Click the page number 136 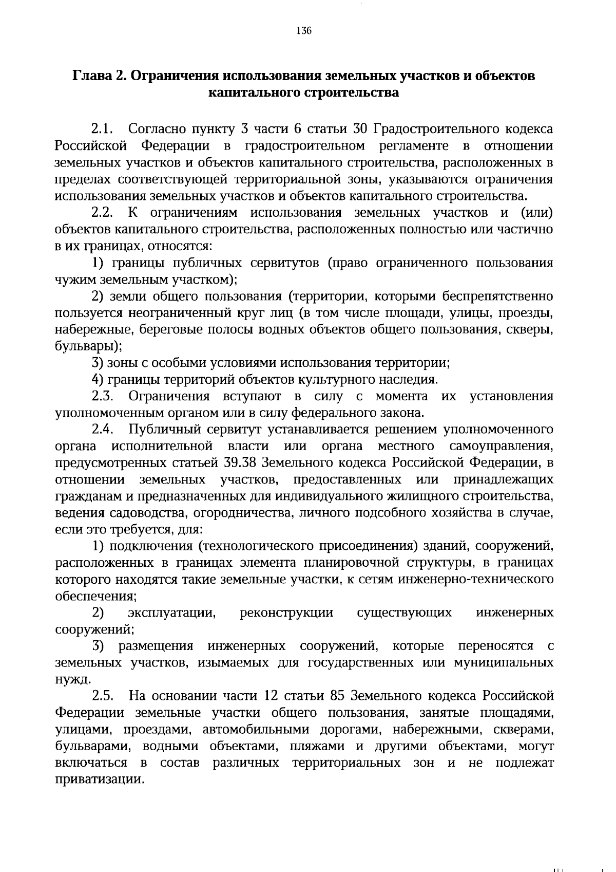[x=304, y=31]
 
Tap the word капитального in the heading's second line [x=248, y=93]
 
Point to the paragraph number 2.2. [x=102, y=213]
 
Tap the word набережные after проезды [x=87, y=329]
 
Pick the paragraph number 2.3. [x=102, y=397]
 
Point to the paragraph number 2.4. [x=102, y=430]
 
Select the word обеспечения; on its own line [x=95, y=597]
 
